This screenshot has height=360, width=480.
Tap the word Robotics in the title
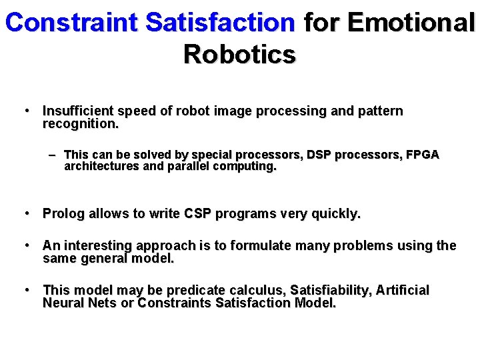click(x=239, y=54)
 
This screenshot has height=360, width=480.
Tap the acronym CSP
click(x=197, y=214)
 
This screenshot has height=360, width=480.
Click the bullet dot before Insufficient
click(x=26, y=111)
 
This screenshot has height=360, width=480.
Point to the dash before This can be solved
click(x=52, y=154)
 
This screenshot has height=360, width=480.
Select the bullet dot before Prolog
click(x=26, y=213)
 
